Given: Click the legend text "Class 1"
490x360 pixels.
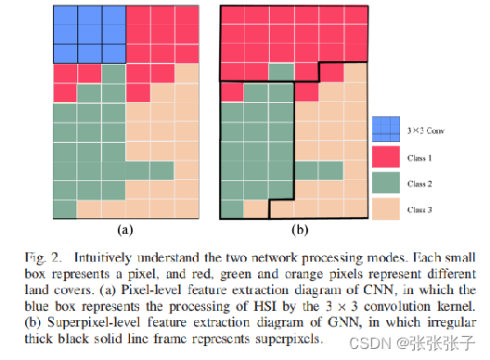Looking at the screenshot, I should pos(420,160).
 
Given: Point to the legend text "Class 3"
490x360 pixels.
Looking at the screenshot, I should pos(420,211).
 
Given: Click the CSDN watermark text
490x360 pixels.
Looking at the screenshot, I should pos(380,344).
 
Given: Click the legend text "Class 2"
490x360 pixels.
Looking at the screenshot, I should pos(420,185).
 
